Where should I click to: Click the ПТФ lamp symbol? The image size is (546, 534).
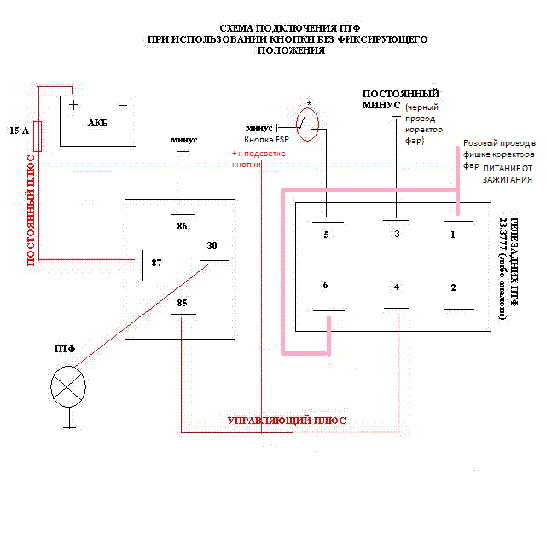coord(68,385)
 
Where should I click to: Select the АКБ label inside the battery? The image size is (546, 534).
coord(98,123)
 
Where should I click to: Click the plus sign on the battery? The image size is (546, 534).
coord(74,105)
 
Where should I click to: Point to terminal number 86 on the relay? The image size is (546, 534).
coord(182,227)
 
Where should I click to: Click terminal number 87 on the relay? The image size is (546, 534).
coord(156,263)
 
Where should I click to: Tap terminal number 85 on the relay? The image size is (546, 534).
coord(182,302)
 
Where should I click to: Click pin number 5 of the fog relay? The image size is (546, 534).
coord(326,234)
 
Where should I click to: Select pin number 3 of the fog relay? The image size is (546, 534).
coord(397,234)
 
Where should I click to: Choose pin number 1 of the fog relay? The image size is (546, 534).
coord(454,234)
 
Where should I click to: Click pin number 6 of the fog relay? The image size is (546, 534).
coord(326,287)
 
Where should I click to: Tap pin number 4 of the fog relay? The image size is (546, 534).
coord(397,287)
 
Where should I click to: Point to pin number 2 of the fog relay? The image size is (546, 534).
coord(454,287)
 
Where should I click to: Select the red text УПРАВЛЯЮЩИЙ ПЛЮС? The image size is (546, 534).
coord(286,421)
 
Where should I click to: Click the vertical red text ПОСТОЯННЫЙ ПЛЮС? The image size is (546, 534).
coord(32,210)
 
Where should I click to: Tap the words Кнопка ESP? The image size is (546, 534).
coord(265,139)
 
